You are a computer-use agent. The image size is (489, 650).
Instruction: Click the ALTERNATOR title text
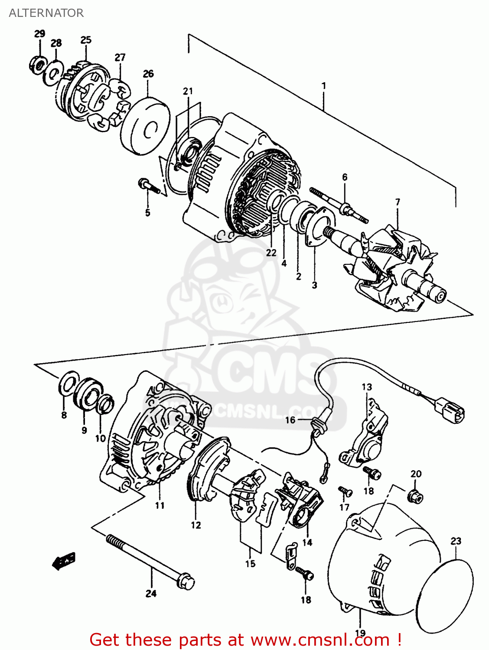pos(46,13)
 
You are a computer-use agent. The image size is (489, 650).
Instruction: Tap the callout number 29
pos(39,34)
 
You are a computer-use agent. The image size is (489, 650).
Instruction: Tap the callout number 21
pos(187,91)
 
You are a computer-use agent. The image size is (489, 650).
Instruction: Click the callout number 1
pos(323,86)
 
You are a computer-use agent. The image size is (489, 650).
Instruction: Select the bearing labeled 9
pos(88,393)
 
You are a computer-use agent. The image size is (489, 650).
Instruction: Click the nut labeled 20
pos(416,496)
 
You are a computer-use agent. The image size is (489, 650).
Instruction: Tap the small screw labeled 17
pos(345,491)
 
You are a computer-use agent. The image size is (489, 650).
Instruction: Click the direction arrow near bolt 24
pos(63,561)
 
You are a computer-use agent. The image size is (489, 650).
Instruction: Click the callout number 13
pos(367,387)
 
